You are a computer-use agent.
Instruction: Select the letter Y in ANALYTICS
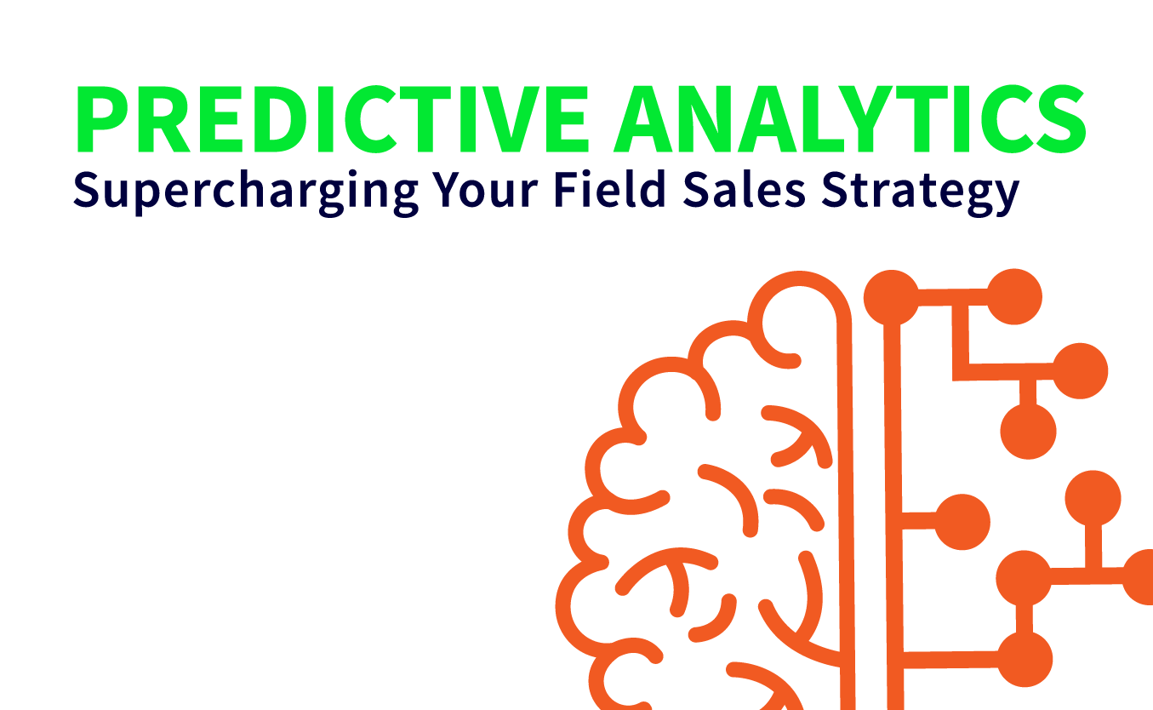point(857,119)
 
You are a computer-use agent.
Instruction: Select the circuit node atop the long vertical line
point(891,298)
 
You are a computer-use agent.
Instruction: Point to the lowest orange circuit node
point(1025,659)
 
